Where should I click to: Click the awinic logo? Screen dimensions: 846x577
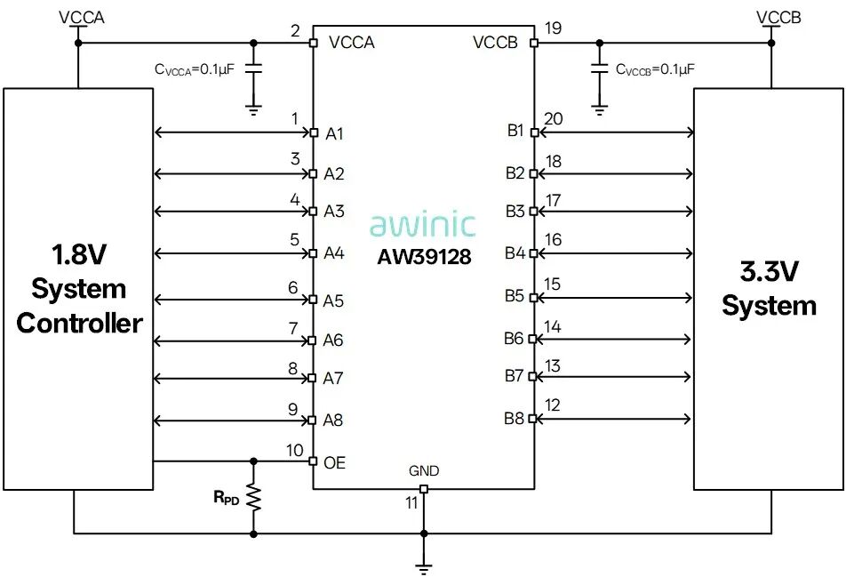[422, 226]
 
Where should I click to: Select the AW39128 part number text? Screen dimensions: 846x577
[424, 257]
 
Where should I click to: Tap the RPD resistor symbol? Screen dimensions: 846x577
[253, 498]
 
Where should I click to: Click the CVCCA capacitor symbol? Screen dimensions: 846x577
[253, 68]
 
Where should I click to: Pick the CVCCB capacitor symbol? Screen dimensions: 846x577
[600, 68]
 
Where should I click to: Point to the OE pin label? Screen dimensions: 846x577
[334, 462]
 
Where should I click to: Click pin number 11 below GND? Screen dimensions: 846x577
[411, 503]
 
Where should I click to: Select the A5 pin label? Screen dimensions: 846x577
[333, 301]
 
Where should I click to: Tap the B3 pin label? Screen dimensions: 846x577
[515, 211]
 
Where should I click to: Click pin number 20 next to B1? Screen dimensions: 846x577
[554, 119]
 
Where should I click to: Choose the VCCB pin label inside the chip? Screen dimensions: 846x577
[495, 42]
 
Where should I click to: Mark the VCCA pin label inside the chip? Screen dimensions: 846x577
[351, 42]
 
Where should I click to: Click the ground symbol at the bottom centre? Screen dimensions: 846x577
[424, 568]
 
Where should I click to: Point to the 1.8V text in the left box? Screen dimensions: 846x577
[79, 254]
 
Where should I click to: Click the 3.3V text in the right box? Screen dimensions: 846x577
[769, 271]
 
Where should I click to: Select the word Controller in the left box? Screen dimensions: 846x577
[79, 323]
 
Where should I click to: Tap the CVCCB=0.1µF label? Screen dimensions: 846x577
[655, 69]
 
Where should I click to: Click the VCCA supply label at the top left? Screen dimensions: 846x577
[82, 17]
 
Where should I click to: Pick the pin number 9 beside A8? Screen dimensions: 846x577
[293, 409]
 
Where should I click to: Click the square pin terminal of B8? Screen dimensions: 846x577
[533, 419]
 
